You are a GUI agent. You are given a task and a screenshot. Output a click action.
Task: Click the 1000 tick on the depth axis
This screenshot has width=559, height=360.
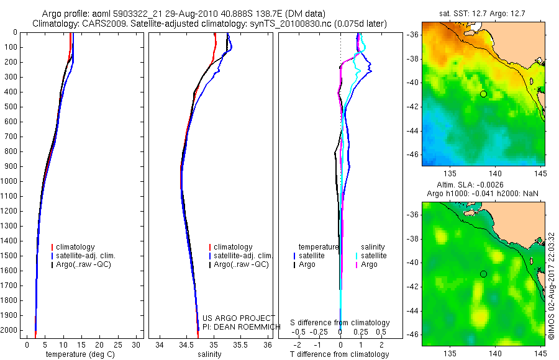[11, 181]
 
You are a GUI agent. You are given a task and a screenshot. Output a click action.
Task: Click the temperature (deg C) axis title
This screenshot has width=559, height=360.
[80, 354]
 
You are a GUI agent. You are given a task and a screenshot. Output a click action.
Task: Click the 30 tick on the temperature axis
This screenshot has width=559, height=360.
[135, 345]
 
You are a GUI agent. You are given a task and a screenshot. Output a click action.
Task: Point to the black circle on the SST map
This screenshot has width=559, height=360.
[483, 94]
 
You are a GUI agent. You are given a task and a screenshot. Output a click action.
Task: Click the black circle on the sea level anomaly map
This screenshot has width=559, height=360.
[483, 274]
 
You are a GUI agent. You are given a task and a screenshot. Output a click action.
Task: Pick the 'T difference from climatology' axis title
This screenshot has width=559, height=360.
[340, 354]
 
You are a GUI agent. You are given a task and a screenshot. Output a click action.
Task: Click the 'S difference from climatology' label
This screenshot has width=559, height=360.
[340, 323]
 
